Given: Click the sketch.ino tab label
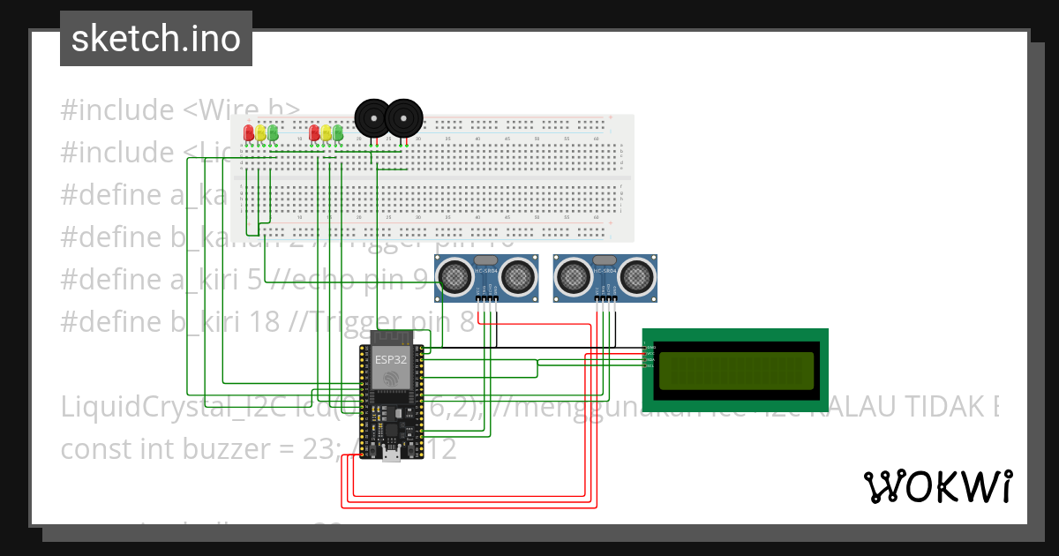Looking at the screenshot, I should pos(155,40).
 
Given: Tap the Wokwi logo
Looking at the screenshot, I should pos(936,486).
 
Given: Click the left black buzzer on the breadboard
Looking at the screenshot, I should pos(371,117).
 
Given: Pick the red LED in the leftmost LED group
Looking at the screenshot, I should pos(249,133).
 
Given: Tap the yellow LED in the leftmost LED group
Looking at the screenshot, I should pos(261,133).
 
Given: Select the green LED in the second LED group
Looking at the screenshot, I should pos(337,133).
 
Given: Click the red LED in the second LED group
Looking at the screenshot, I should pos(314,133).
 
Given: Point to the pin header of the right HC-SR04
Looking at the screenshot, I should pos(605,300).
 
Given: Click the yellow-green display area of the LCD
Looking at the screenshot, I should pos(735,371).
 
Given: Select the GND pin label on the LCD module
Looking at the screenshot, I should pos(650,348).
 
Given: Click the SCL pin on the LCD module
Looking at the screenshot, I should pos(650,364).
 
